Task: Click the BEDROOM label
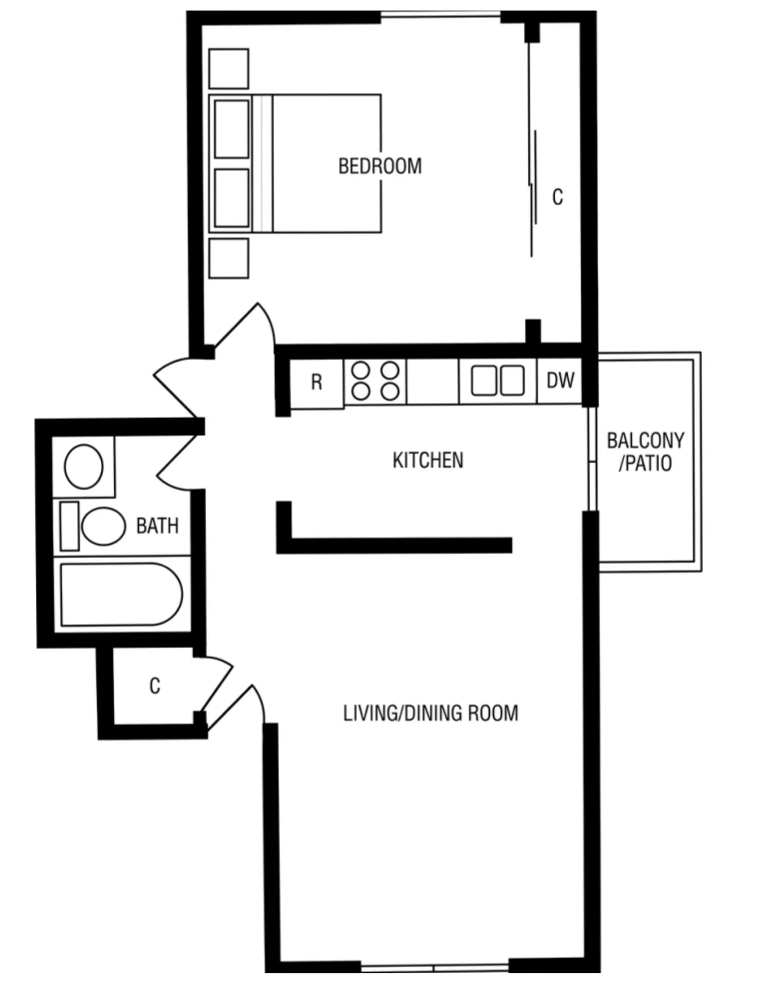coord(380,166)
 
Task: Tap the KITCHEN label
coord(428,460)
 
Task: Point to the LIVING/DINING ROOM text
coord(430,713)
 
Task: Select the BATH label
coord(157,526)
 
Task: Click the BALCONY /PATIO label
coord(645,452)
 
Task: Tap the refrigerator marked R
coord(317,383)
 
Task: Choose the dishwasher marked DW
coord(560,380)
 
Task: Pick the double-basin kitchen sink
coord(498,380)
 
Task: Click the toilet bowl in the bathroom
coord(103,526)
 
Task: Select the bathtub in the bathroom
coord(121,594)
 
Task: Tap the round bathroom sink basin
coord(84,466)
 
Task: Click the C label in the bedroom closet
coord(557,197)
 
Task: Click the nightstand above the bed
coord(229,68)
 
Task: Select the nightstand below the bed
coord(229,258)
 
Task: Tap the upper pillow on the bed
coord(232,129)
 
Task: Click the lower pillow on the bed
coord(232,198)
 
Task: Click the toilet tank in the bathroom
coord(69,526)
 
